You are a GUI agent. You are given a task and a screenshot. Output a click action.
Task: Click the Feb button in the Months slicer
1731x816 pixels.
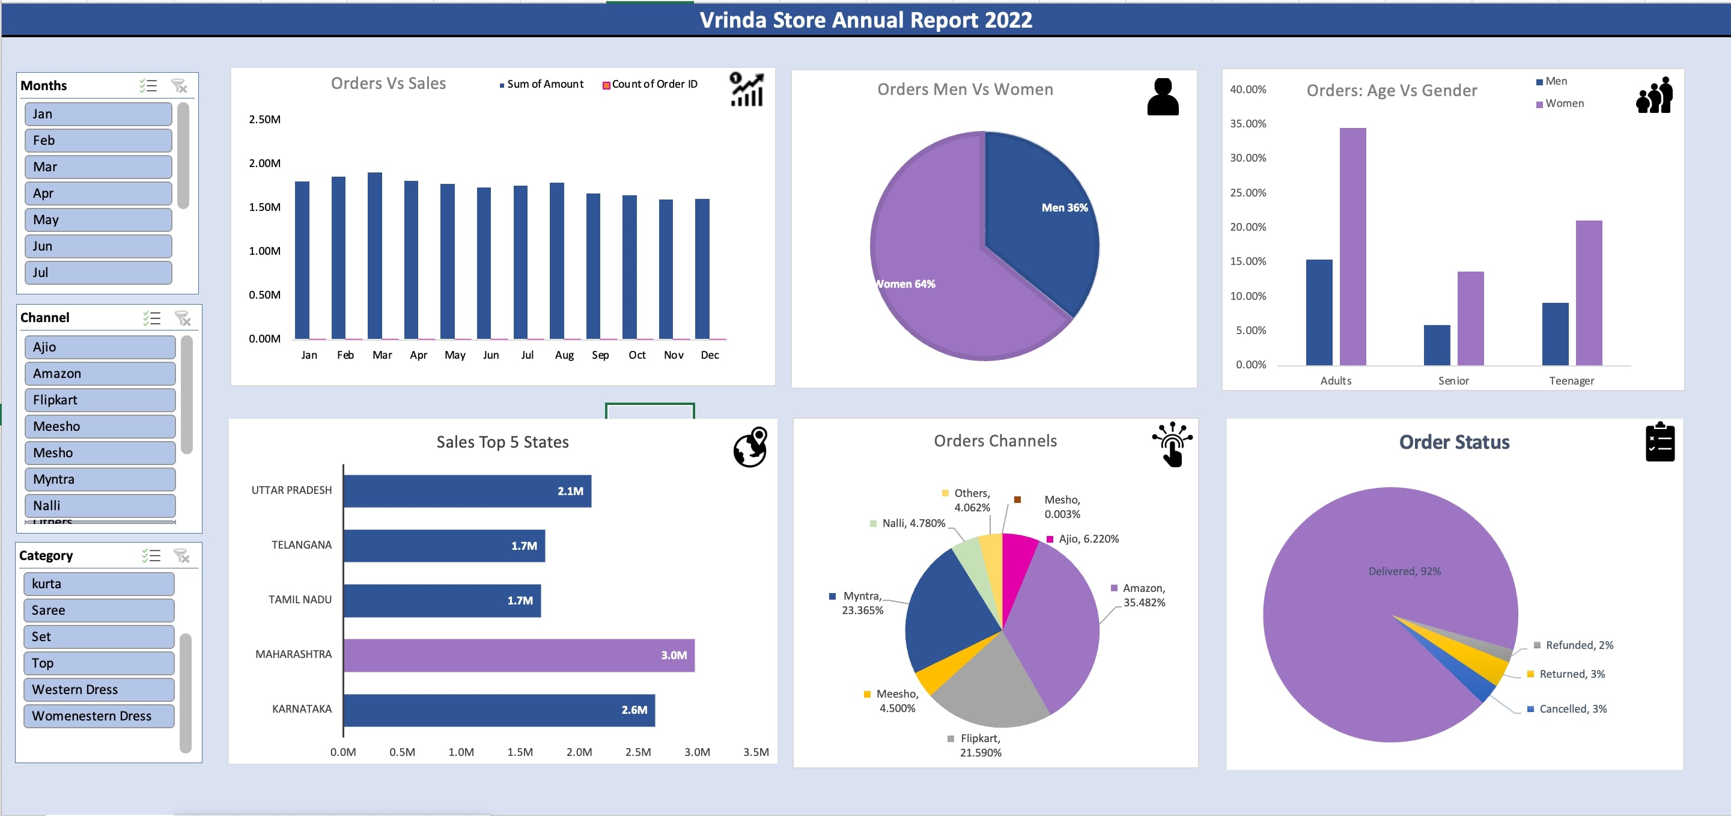click(98, 141)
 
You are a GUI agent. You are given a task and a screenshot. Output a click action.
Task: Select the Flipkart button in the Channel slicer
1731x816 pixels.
click(100, 400)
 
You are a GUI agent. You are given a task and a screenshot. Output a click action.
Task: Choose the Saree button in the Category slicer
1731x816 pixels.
click(99, 610)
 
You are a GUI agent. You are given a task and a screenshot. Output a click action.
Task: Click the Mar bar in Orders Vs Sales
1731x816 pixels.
click(375, 255)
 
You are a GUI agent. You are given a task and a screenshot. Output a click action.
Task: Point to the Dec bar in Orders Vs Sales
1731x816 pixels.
click(702, 269)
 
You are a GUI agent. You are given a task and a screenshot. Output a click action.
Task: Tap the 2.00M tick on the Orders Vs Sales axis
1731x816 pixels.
click(265, 163)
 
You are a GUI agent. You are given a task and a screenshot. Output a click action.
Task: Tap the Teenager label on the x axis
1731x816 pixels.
click(1571, 381)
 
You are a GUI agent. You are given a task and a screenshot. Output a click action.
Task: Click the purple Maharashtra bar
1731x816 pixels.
click(519, 656)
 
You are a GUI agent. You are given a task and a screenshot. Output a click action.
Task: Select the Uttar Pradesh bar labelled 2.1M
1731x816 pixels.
click(467, 492)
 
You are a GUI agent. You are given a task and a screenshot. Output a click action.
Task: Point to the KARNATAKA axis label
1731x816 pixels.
click(302, 709)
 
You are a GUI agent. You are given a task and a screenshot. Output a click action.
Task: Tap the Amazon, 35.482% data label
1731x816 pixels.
click(1144, 595)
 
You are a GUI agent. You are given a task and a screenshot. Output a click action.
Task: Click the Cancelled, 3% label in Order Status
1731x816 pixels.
click(1572, 709)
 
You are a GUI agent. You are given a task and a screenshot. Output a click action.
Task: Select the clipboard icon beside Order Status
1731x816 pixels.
click(1659, 442)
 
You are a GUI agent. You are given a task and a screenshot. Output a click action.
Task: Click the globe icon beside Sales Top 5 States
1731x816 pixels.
click(750, 447)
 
